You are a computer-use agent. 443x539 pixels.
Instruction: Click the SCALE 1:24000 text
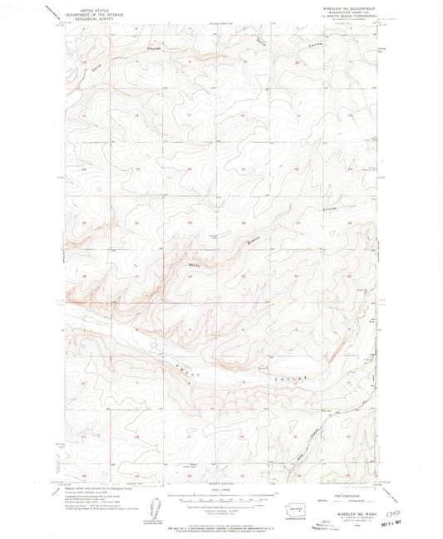click(219, 494)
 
